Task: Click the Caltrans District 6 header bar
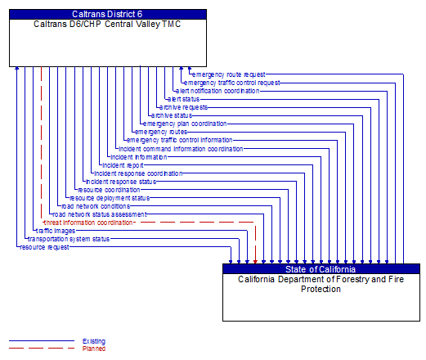point(108,14)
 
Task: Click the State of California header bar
point(321,269)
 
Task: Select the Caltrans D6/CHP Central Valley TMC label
point(108,24)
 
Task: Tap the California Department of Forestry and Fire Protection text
point(321,284)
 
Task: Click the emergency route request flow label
point(228,74)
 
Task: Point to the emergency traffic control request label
point(232,83)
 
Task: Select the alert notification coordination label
point(217,91)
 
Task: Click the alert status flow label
point(183,99)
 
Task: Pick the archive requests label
point(183,107)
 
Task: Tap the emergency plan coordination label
point(186,124)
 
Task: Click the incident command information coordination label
point(181,149)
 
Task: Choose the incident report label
point(123,165)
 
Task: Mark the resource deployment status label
point(110,198)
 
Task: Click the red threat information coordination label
point(88,223)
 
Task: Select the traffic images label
point(54,231)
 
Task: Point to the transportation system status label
point(69,239)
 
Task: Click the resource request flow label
point(44,247)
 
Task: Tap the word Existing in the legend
point(94,340)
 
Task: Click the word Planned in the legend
point(94,348)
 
